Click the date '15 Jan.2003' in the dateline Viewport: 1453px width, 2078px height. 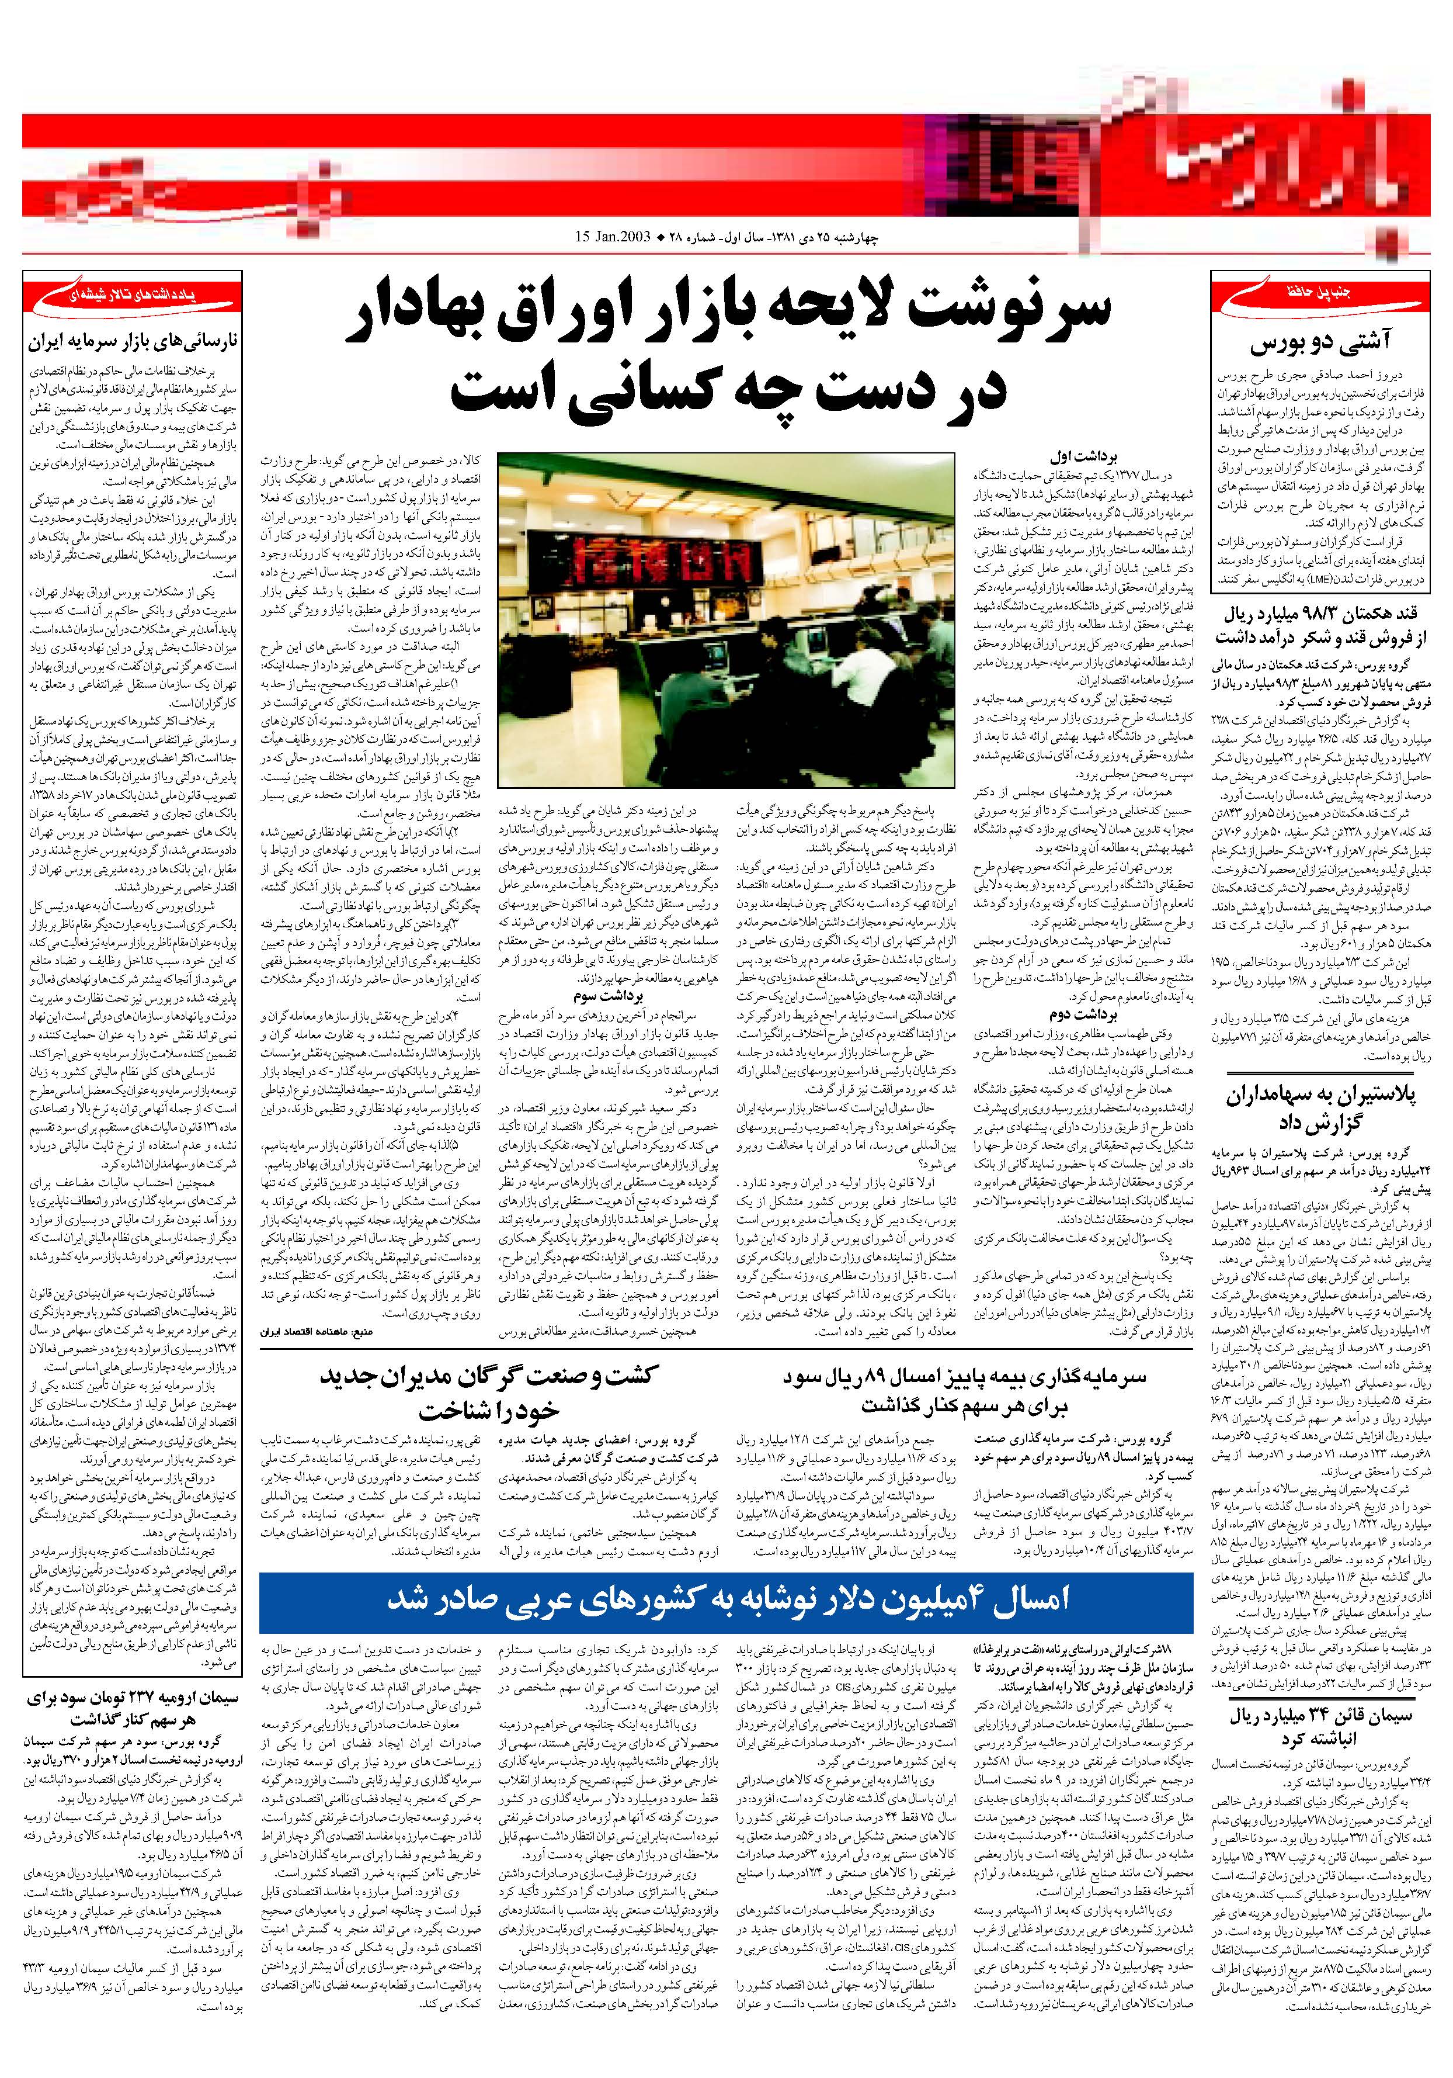[613, 237]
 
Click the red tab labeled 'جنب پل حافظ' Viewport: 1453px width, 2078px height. [1322, 292]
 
